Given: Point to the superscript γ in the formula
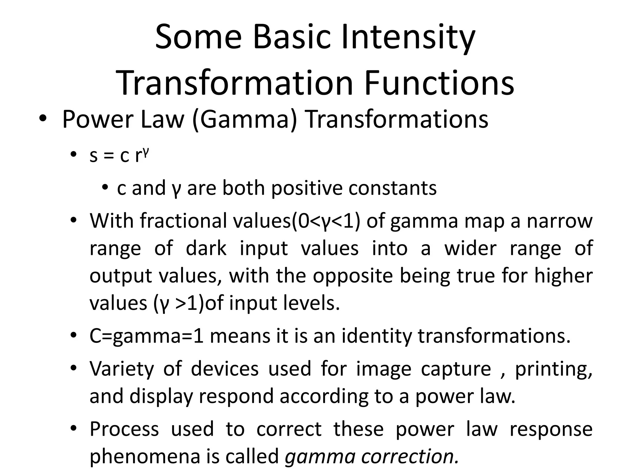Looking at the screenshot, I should (146, 152).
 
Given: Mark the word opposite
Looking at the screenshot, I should (353, 276).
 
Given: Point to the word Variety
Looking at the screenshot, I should (121, 369).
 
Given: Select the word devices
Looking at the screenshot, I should (225, 369).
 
